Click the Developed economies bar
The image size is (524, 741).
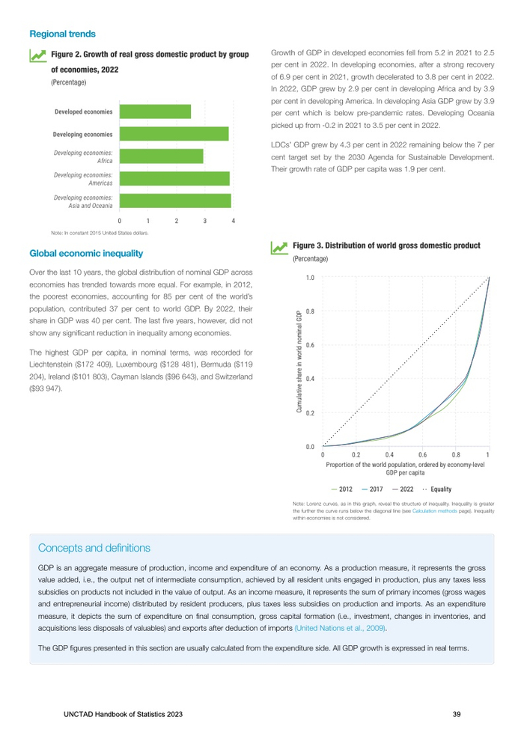pos(155,112)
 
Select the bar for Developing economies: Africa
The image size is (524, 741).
pos(161,156)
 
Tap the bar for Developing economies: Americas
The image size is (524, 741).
pos(174,179)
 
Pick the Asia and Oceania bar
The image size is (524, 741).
pos(175,201)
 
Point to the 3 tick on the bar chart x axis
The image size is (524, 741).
pos(205,222)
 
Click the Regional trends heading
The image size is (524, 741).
pos(62,34)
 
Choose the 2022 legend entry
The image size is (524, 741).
pos(403,488)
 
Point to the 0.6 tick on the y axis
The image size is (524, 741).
pos(309,345)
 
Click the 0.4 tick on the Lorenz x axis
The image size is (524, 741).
pos(389,454)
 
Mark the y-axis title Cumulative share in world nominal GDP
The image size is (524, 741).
pos(299,362)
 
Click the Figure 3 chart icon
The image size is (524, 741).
pos(278,247)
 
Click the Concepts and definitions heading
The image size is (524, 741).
pos(94,549)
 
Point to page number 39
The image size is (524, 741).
pos(457,714)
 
